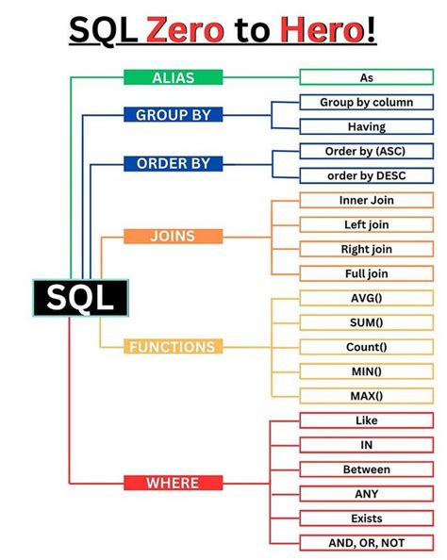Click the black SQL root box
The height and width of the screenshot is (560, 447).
[80, 297]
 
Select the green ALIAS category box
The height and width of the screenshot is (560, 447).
[173, 77]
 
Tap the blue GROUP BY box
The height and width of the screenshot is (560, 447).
[173, 115]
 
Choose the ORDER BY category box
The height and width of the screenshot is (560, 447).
[173, 163]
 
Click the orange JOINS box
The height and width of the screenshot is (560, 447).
[173, 236]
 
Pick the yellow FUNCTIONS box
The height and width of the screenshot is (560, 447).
[173, 347]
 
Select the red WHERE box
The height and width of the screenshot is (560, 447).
[173, 483]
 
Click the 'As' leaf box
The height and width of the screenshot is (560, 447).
[366, 77]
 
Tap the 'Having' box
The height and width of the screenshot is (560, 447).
[366, 126]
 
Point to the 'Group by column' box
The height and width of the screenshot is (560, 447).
[366, 102]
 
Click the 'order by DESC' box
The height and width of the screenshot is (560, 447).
[366, 175]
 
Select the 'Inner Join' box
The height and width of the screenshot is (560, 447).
[366, 200]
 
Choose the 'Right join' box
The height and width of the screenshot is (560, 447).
[366, 249]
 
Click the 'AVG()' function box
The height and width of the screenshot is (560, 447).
[366, 298]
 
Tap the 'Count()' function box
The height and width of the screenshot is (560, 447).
[366, 347]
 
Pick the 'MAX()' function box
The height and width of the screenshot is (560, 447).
[366, 396]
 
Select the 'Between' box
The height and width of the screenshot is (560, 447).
[366, 469]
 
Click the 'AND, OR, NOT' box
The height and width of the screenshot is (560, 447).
[366, 543]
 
